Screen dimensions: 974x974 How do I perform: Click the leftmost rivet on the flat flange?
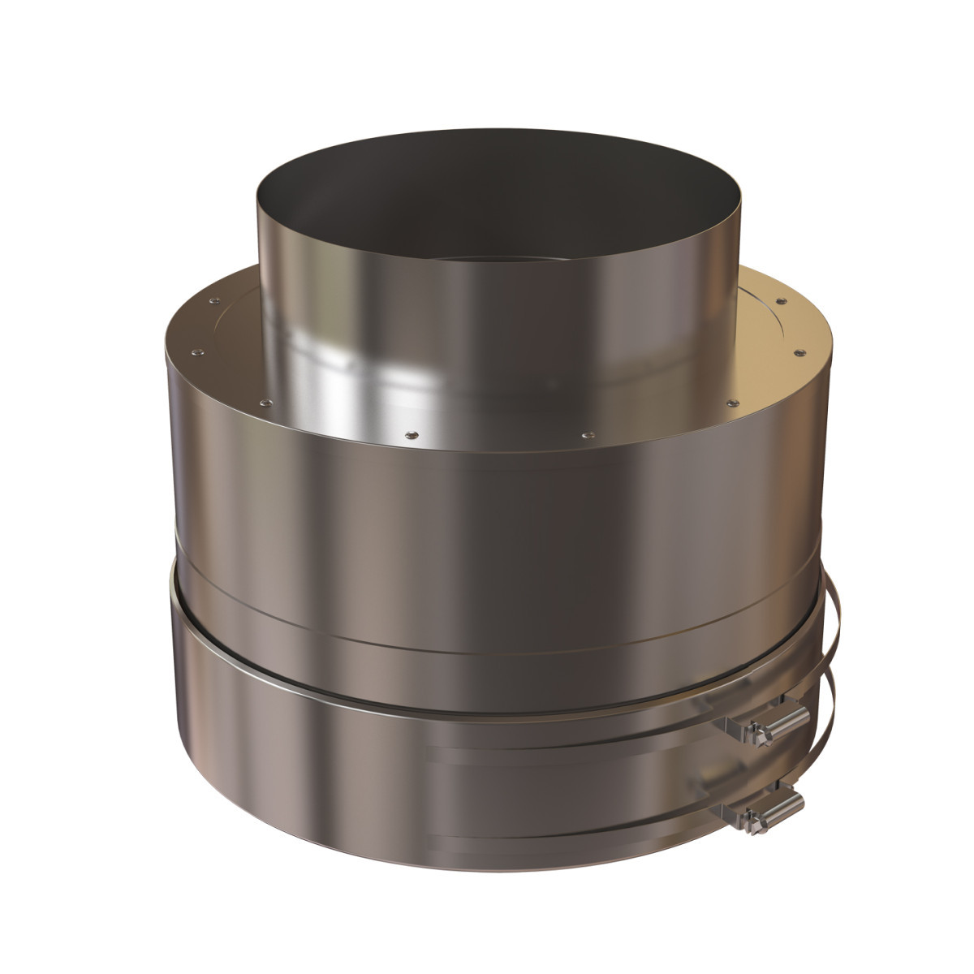[x=196, y=352]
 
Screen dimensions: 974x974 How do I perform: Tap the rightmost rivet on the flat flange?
[x=801, y=351]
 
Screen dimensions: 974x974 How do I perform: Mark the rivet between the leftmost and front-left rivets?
[x=266, y=401]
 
